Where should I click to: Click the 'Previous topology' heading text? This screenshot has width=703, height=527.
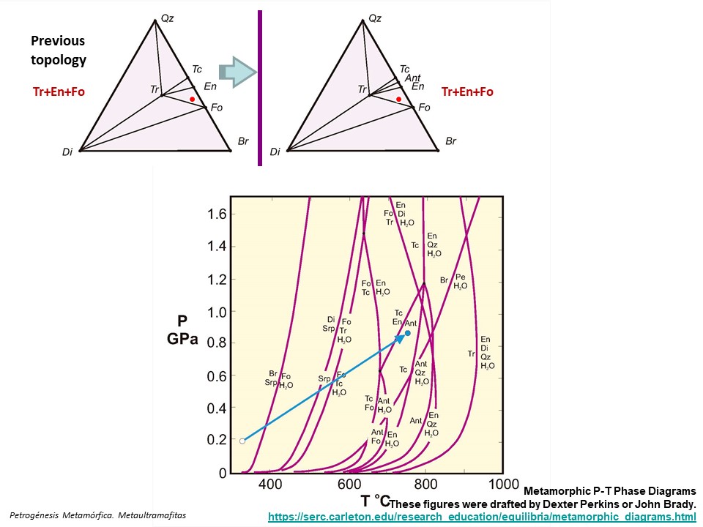pyautogui.click(x=58, y=51)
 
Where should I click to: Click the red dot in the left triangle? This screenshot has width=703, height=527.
pyautogui.click(x=192, y=99)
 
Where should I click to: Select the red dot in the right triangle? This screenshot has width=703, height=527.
pyautogui.click(x=398, y=99)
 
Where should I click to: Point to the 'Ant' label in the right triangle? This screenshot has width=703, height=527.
pyautogui.click(x=412, y=78)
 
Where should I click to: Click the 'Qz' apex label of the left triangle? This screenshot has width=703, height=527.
pyautogui.click(x=167, y=10)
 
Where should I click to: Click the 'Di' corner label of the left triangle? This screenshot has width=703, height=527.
pyautogui.click(x=68, y=152)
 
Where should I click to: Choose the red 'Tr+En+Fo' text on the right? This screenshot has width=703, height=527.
pyautogui.click(x=467, y=91)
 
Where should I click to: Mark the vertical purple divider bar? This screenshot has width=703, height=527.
pyautogui.click(x=259, y=88)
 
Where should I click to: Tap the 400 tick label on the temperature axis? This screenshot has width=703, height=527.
pyautogui.click(x=271, y=485)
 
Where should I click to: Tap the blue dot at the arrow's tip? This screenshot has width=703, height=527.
pyautogui.click(x=407, y=333)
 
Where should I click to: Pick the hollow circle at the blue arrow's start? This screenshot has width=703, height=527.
pyautogui.click(x=242, y=441)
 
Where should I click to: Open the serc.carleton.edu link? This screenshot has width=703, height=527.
pyautogui.click(x=482, y=517)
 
